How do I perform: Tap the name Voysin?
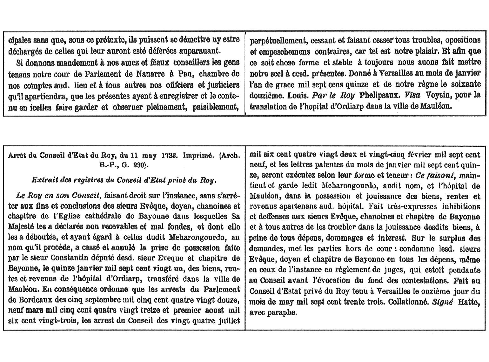(x=439, y=95)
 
